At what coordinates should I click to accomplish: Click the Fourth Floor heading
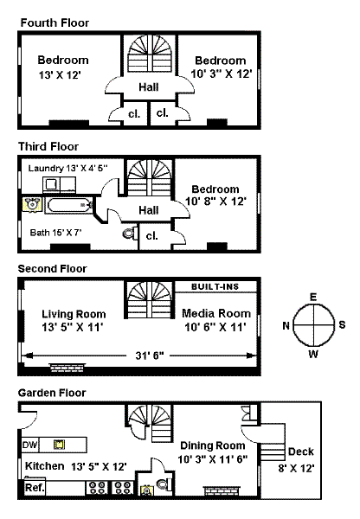pyautogui.click(x=55, y=22)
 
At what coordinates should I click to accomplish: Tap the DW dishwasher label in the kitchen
pyautogui.click(x=29, y=445)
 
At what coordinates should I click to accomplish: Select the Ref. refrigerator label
pyautogui.click(x=35, y=488)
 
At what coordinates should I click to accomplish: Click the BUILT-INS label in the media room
pyautogui.click(x=215, y=286)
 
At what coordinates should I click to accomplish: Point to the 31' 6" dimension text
pyautogui.click(x=150, y=356)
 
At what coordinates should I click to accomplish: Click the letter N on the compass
pyautogui.click(x=286, y=326)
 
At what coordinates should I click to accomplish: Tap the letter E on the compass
pyautogui.click(x=313, y=297)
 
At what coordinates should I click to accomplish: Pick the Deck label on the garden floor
pyautogui.click(x=300, y=452)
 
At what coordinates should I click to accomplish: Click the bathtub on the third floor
pyautogui.click(x=68, y=206)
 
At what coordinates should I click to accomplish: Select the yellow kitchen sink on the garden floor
pyautogui.click(x=60, y=445)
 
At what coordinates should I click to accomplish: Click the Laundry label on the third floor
pyautogui.click(x=46, y=168)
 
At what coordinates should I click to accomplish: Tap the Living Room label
pyautogui.click(x=74, y=314)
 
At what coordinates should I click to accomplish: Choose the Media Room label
pyautogui.click(x=216, y=313)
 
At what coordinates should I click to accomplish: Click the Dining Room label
pyautogui.click(x=213, y=445)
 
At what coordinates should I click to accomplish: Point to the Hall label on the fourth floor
pyautogui.click(x=149, y=87)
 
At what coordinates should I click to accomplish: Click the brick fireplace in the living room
pyautogui.click(x=67, y=367)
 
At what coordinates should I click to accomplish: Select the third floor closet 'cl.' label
pyautogui.click(x=151, y=235)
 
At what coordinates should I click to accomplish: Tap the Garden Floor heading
pyautogui.click(x=52, y=393)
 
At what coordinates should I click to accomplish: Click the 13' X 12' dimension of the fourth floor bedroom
pyautogui.click(x=60, y=75)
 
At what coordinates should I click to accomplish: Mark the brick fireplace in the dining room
pyautogui.click(x=222, y=490)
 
